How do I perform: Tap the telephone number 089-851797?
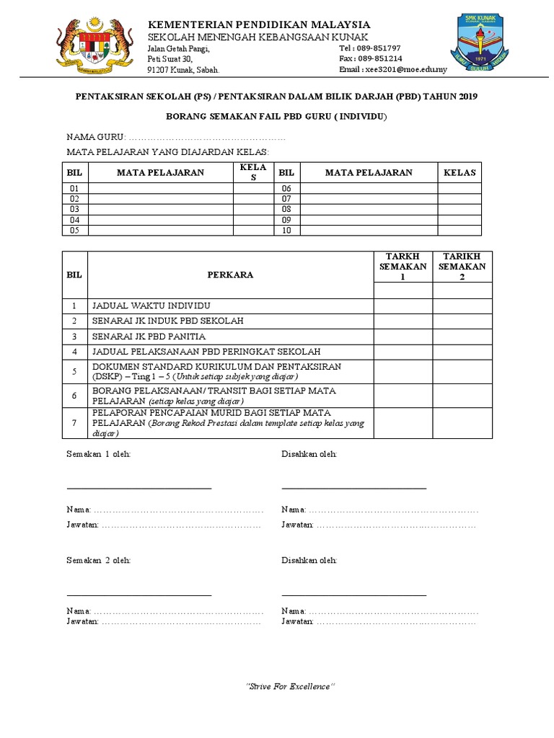379,48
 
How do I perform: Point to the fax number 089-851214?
380,58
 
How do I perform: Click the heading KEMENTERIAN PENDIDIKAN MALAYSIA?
259,25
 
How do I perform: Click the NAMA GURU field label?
95,137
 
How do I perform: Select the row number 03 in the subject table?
74,209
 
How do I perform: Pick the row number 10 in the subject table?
286,231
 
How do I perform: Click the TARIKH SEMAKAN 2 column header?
462,267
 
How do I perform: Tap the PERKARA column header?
230,275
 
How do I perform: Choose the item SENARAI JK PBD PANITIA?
149,337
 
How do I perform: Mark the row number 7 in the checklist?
74,423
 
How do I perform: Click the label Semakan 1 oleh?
99,454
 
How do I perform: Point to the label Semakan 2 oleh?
99,560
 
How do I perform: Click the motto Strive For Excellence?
291,686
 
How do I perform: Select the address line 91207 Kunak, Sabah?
183,70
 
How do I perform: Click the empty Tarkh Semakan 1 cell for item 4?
403,352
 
